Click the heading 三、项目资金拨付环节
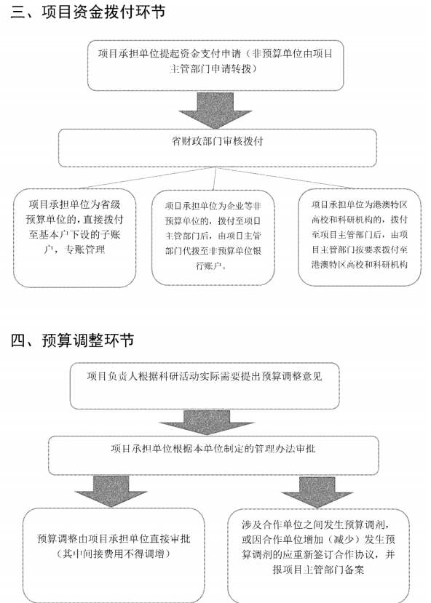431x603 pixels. pyautogui.click(x=88, y=12)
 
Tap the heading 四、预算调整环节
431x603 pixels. pyautogui.click(x=72, y=340)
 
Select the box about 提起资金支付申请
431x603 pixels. pyautogui.click(x=215, y=65)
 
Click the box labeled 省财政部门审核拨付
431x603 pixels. pyautogui.click(x=218, y=148)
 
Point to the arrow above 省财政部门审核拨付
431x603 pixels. pyautogui.click(x=215, y=111)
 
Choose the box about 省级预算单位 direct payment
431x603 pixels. pyautogui.click(x=75, y=238)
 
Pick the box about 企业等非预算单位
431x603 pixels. pyautogui.click(x=213, y=238)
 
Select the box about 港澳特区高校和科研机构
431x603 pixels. pyautogui.click(x=360, y=237)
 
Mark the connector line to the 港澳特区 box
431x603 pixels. pyautogui.click(x=288, y=177)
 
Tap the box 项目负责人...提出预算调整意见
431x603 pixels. pyautogui.click(x=205, y=386)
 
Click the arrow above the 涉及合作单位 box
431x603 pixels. pyautogui.click(x=317, y=492)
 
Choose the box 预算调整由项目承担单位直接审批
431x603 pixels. pyautogui.click(x=114, y=555)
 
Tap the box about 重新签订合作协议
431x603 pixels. pyautogui.click(x=319, y=556)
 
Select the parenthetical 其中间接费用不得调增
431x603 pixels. pyautogui.click(x=114, y=554)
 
